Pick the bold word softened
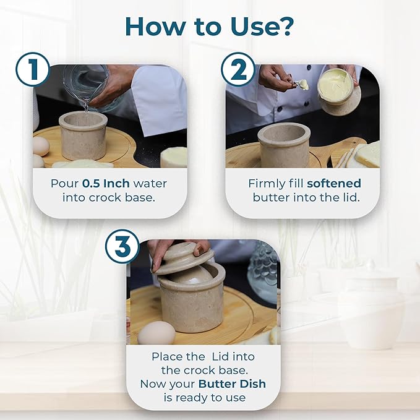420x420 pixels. tap(334, 184)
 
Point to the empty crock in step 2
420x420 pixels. tap(284, 145)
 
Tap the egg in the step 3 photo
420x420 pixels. tap(156, 333)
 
